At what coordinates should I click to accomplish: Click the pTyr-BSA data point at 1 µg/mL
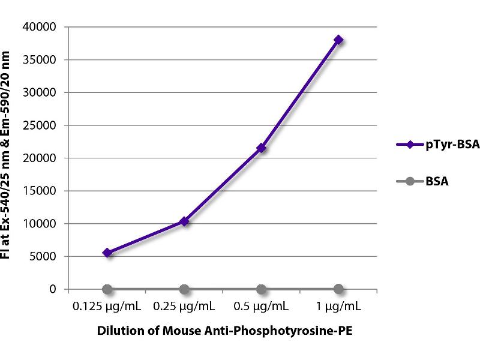click(x=338, y=40)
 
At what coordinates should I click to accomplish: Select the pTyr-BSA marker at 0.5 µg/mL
click(x=262, y=148)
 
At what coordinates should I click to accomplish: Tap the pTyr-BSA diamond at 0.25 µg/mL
click(x=184, y=221)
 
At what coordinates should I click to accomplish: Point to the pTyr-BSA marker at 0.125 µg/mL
click(x=107, y=253)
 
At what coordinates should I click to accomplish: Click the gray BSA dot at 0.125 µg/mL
click(x=107, y=289)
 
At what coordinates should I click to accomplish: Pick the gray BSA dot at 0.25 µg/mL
click(x=184, y=289)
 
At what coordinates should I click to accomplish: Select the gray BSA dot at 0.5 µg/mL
click(x=262, y=289)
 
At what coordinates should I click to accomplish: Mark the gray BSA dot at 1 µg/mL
click(x=338, y=289)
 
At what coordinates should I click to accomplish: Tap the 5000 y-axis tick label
click(x=46, y=257)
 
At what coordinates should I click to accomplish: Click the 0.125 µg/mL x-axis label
click(x=107, y=307)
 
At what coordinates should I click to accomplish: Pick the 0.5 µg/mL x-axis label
click(x=262, y=307)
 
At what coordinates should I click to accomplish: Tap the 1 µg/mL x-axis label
click(x=338, y=307)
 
